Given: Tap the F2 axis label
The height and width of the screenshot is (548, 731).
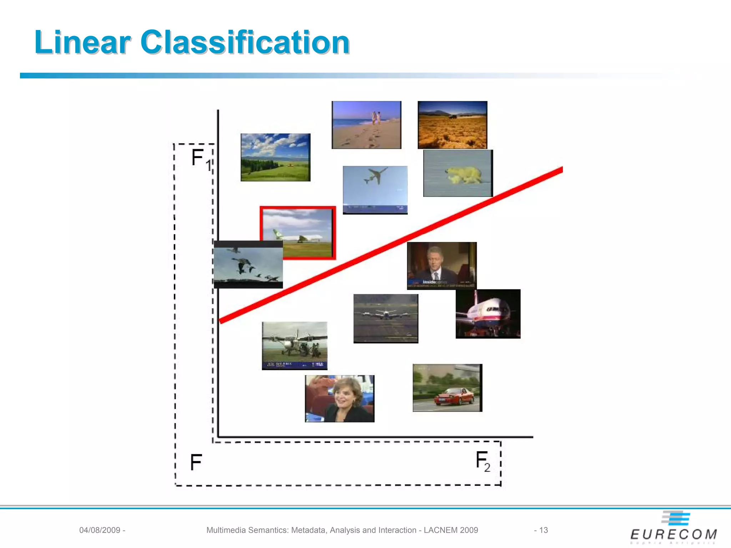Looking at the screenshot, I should click(x=483, y=461).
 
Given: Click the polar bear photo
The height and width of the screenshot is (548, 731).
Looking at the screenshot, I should click(x=458, y=173).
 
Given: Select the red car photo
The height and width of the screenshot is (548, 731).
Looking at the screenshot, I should click(x=447, y=388).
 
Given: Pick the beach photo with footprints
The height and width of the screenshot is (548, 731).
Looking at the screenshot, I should click(x=367, y=125).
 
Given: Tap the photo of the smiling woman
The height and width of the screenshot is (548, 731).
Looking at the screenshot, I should click(x=339, y=399).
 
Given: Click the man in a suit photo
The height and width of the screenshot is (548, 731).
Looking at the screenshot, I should click(x=442, y=265).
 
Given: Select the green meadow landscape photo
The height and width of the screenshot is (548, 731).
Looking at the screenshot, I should click(x=276, y=157).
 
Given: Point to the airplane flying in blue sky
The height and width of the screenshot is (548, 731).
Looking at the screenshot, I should click(x=375, y=190).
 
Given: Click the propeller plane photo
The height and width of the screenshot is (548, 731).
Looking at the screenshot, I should click(x=294, y=346).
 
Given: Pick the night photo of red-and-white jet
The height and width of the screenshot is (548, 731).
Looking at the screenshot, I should click(x=488, y=314).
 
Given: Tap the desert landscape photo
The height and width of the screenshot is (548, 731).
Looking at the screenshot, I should click(x=452, y=125).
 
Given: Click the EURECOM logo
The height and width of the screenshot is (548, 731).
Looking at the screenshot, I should click(x=674, y=528).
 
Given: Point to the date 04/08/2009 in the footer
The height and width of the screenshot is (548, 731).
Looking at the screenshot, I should click(x=100, y=530).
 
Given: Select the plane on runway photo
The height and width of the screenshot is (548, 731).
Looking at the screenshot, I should click(x=386, y=319).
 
